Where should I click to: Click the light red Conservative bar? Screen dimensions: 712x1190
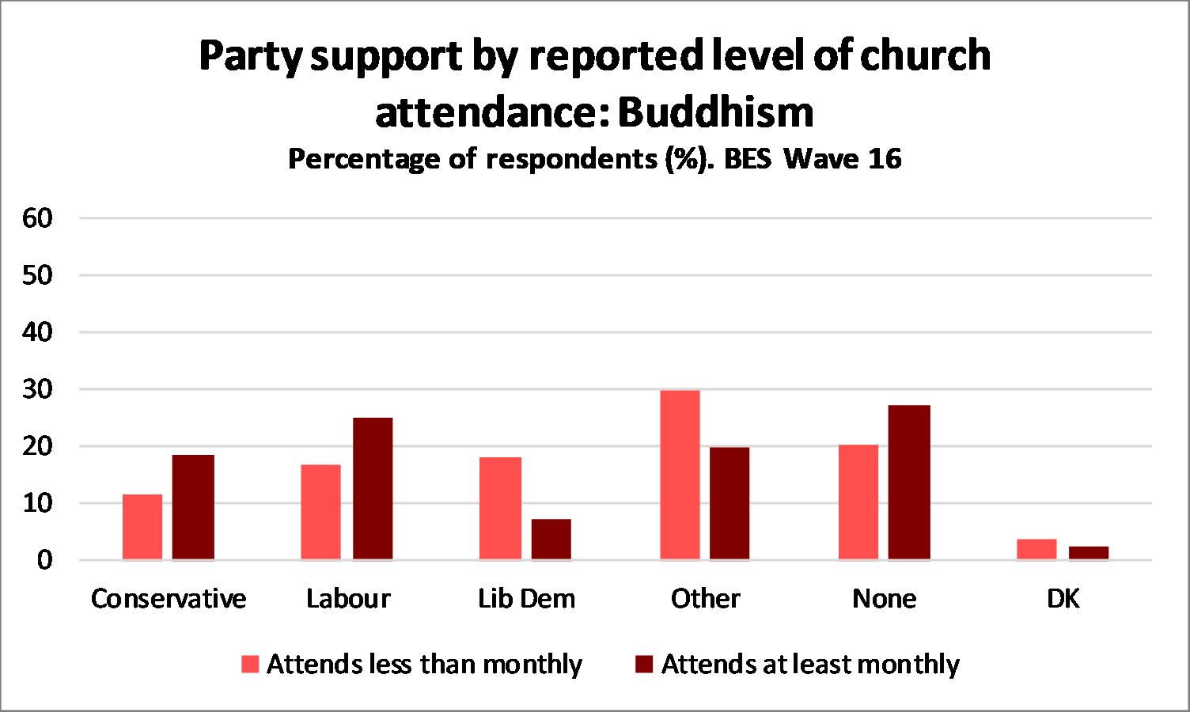coord(142,527)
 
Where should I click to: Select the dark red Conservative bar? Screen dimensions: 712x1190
coord(193,507)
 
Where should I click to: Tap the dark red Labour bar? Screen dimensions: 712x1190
coord(373,488)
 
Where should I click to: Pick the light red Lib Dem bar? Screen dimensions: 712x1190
coord(500,508)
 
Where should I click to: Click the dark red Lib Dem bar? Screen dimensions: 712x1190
coord(551,539)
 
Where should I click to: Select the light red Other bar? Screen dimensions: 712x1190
coord(680,475)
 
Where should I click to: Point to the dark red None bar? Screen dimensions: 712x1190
coord(909,482)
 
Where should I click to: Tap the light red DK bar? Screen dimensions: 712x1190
coord(1037,549)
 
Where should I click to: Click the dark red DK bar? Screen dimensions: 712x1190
coord(1088,553)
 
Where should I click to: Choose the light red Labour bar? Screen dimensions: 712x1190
coord(321,512)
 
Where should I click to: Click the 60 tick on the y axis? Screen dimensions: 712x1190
coord(37,218)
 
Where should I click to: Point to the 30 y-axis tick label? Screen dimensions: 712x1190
coord(37,389)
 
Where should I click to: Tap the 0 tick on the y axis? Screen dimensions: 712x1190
coord(44,560)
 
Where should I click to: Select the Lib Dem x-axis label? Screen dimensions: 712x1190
coord(526,599)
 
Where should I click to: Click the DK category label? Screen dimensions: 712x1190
coord(1063,599)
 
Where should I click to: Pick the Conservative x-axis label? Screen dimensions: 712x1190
coord(169,599)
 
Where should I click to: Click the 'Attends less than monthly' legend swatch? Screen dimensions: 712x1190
coord(250,664)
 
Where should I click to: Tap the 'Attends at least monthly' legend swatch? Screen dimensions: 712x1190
coord(644,664)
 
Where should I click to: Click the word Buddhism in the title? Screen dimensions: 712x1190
coord(715,112)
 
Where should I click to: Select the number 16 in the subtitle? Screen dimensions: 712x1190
coord(885,159)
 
